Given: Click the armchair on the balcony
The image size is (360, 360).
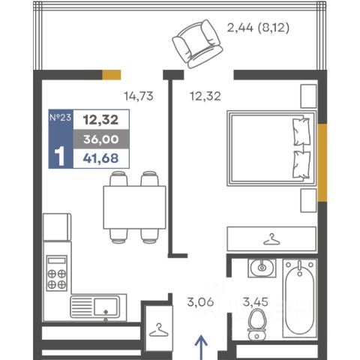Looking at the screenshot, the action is click(x=197, y=44).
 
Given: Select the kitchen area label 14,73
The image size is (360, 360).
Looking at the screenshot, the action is click(x=139, y=96).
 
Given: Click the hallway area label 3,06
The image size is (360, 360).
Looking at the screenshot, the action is click(x=200, y=302).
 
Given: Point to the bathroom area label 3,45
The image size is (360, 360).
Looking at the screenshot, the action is click(x=256, y=302).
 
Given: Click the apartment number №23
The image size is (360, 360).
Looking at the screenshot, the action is click(x=60, y=117).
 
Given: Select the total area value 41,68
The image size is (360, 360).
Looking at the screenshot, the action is click(x=101, y=158).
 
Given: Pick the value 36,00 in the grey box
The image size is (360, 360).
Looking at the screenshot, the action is click(x=101, y=139).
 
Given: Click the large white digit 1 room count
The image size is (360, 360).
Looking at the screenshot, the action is click(x=59, y=156).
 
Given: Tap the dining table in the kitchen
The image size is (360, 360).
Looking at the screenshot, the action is click(x=134, y=207).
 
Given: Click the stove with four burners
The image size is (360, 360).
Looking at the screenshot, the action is click(x=57, y=273).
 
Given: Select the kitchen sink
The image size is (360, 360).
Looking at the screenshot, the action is click(x=95, y=307).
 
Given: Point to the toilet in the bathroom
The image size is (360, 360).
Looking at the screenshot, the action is click(x=256, y=325).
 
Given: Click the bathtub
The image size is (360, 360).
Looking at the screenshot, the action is click(x=299, y=298).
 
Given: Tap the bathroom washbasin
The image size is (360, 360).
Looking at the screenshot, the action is click(x=262, y=268).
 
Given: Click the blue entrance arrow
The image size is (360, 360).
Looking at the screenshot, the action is click(x=201, y=348).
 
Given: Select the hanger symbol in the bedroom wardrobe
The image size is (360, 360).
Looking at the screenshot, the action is click(x=271, y=239).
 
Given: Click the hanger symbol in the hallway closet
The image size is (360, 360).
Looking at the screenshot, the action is click(x=159, y=330).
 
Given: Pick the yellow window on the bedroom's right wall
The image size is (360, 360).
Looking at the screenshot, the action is click(x=322, y=163).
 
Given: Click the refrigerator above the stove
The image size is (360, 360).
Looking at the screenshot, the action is click(x=57, y=227).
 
